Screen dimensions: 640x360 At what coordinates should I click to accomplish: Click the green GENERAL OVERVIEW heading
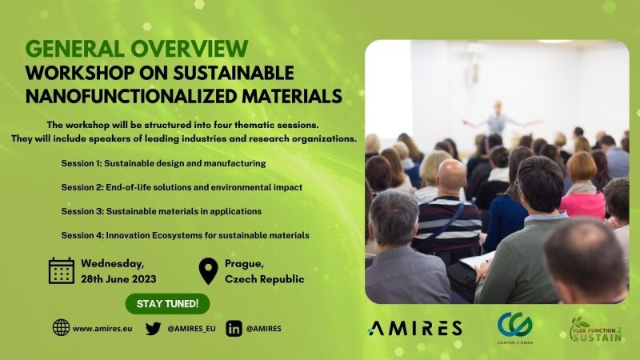pos(137,49)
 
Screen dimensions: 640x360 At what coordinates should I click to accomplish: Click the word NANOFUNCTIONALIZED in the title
pos(131,96)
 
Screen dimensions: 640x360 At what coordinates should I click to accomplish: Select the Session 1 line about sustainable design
pos(163,164)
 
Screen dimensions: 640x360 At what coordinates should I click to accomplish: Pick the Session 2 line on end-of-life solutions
pos(182,187)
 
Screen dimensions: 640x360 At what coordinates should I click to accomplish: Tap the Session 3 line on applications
pos(162,211)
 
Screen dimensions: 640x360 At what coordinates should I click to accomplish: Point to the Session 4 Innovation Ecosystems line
pos(185,235)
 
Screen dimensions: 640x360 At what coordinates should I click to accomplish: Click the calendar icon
pos(62,270)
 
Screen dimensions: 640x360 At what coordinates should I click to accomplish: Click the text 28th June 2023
pos(118,279)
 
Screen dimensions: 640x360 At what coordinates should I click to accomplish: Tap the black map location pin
pos(208,271)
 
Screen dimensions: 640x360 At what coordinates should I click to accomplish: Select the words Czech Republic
pos(265,279)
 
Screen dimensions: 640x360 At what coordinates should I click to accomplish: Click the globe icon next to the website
pos(62,328)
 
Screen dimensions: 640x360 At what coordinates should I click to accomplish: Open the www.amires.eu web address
pos(102,329)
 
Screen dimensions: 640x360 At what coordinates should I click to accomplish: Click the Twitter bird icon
pos(153,329)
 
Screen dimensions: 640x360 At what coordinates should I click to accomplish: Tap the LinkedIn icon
pos(234,329)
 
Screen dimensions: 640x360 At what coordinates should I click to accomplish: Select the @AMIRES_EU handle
pos(191,329)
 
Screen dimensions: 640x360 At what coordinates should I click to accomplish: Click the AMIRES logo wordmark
pos(414,328)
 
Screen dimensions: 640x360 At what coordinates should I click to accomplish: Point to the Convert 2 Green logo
pos(514,328)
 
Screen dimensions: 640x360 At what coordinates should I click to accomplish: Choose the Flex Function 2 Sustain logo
pos(595,330)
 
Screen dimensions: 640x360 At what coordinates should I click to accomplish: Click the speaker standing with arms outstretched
pos(498,119)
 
